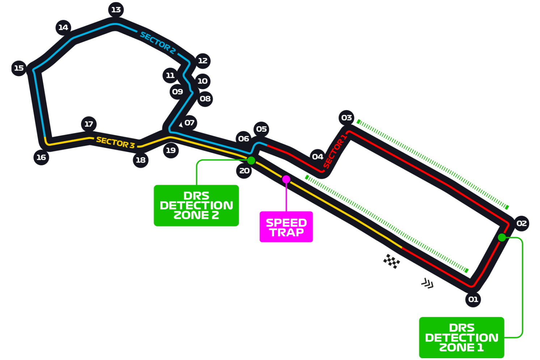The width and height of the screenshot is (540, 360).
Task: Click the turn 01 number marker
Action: [x=473, y=299]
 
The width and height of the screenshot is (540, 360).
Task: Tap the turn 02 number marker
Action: [x=521, y=223]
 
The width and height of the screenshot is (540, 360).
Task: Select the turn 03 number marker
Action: [x=346, y=118]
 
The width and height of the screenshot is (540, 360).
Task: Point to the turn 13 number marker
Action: [x=116, y=10]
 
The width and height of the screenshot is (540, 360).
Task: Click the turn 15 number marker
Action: [x=19, y=68]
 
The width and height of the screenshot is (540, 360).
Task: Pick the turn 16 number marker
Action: [x=41, y=157]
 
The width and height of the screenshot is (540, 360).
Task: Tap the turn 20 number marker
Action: [x=244, y=171]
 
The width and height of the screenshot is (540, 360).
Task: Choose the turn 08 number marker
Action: [x=205, y=99]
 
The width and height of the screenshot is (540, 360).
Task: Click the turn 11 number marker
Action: [x=170, y=76]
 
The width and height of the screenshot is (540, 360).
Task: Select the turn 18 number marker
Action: [x=140, y=160]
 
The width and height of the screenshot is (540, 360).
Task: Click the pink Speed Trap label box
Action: [x=286, y=227]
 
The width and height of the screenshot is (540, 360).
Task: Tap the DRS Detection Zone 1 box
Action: [x=461, y=338]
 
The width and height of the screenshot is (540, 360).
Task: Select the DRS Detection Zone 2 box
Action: [x=196, y=206]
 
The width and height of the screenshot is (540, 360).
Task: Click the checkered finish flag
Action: [x=392, y=261]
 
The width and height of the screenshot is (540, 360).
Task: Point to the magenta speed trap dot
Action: [x=286, y=179]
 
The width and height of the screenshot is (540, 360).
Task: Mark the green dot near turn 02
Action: [x=502, y=237]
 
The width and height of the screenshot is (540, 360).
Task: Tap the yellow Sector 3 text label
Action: [x=115, y=143]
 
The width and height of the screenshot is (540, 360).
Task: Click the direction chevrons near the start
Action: [x=427, y=283]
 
